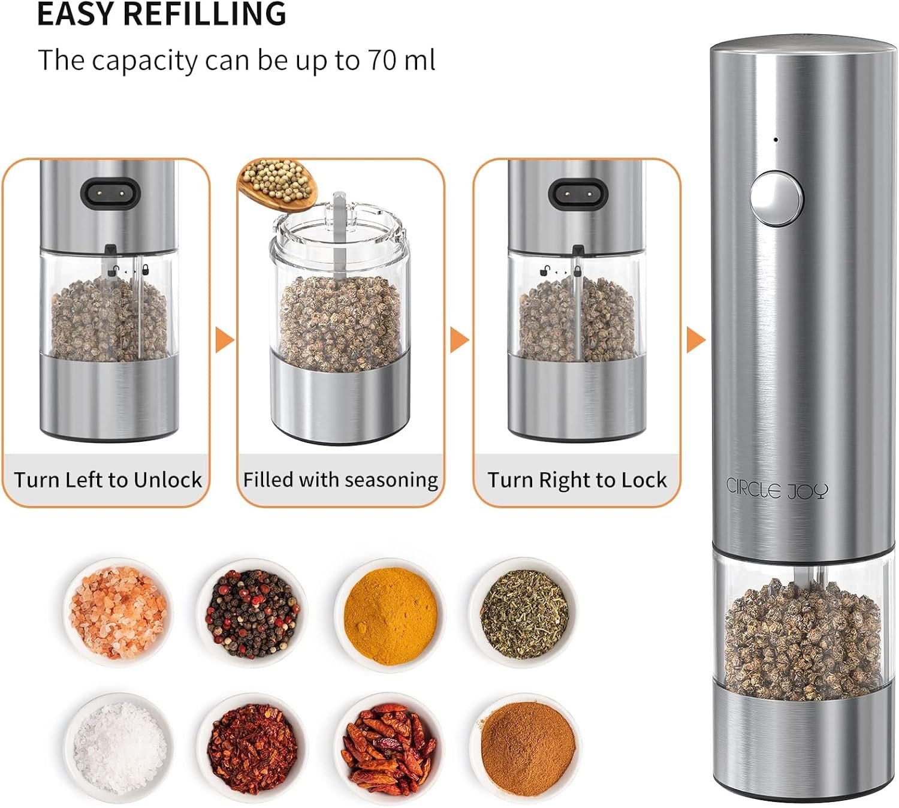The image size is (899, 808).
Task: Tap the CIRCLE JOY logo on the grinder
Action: (777, 488)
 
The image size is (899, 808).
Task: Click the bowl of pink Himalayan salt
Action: (118, 611)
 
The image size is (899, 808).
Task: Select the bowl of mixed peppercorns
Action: (252, 613)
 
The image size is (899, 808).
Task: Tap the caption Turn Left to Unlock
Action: (108, 480)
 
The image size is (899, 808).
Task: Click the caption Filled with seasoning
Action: (340, 480)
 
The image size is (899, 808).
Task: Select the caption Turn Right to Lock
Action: (577, 480)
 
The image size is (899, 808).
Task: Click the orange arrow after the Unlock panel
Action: (224, 340)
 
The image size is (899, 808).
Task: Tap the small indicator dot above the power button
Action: (776, 140)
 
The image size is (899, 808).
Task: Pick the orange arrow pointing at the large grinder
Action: (695, 340)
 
